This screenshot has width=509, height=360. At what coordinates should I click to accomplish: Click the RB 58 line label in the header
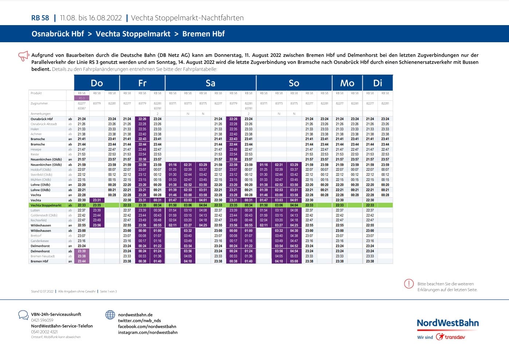coord(40,18)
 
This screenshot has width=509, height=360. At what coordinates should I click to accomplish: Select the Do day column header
coord(97,83)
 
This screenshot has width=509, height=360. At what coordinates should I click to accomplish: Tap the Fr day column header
coord(142,83)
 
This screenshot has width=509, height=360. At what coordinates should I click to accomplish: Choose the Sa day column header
coord(211,83)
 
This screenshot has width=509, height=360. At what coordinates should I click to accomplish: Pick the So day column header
coord(294,83)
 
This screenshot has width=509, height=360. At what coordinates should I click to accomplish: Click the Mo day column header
coord(347,83)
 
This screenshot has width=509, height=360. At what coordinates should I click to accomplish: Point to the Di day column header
coord(378,83)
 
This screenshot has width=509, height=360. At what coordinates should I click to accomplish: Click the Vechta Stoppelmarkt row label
coord(46,205)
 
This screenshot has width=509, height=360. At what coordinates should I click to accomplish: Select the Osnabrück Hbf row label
coord(42,119)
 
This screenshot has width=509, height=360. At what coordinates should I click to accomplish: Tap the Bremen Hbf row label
coord(39,261)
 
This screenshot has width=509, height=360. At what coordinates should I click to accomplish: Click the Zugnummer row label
coord(39,103)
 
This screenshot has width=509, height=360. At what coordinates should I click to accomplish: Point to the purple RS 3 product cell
coord(82,98)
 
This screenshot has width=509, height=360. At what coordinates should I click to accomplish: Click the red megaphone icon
coord(23,56)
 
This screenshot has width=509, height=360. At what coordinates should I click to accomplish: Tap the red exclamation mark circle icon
coord(409,284)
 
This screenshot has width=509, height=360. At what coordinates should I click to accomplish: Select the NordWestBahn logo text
coord(447,323)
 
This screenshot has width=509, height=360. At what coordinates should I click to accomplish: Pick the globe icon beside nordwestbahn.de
coord(110,315)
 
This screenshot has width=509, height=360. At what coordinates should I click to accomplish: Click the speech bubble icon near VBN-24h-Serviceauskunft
coord(23,315)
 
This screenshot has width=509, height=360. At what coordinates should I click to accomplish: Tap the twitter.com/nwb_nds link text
coord(139,321)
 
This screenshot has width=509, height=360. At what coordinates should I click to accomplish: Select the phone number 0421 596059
coord(42,320)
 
